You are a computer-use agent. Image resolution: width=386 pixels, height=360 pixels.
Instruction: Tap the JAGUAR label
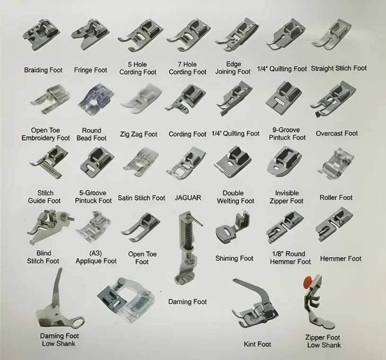(x=188, y=198)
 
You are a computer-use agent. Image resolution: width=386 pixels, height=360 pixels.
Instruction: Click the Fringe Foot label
(x=91, y=70)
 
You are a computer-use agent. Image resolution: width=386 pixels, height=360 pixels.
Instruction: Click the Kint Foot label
(x=257, y=344)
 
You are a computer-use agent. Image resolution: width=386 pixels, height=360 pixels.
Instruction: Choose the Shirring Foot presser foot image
(x=233, y=227)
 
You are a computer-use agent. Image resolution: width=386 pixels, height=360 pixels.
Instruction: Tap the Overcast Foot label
(x=337, y=134)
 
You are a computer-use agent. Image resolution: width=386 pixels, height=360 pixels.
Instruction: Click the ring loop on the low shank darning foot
(x=77, y=321)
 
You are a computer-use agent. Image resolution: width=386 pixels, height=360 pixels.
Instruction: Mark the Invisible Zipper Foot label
(x=287, y=197)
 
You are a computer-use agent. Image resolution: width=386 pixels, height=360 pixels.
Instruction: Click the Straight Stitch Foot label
(x=339, y=69)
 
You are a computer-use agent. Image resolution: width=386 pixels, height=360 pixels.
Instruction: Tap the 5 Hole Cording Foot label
(x=138, y=69)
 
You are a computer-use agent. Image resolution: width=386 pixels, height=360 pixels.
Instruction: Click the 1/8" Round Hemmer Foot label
(x=290, y=257)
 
